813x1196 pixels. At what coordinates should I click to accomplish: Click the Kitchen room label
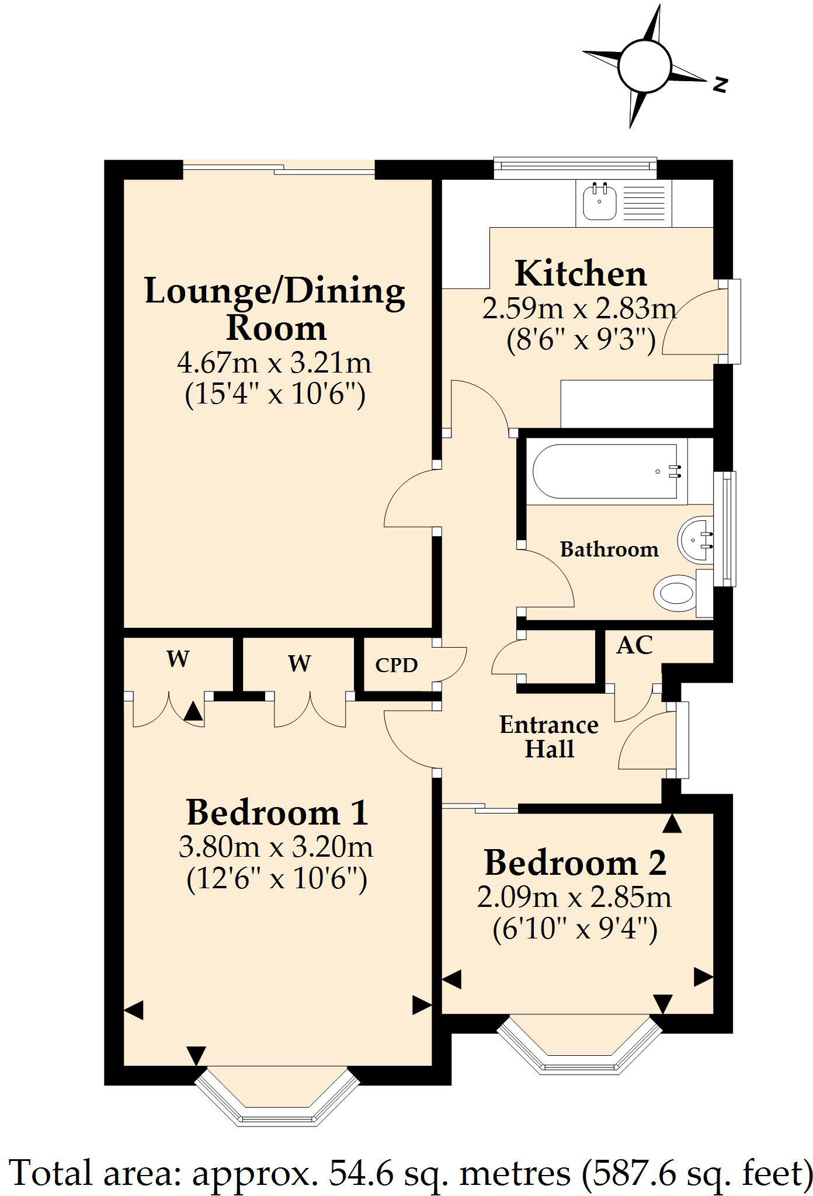[581, 273]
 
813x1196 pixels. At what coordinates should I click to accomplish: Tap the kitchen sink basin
[599, 201]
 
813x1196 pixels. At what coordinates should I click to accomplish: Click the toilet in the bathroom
[675, 593]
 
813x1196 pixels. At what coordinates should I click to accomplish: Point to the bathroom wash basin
[695, 540]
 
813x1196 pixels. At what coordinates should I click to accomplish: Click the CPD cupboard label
[397, 665]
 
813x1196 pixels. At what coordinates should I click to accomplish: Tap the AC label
[634, 645]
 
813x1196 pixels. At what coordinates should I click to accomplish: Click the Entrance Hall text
[549, 737]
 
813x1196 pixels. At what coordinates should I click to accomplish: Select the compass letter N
[721, 85]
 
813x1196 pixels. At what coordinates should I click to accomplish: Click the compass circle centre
[644, 65]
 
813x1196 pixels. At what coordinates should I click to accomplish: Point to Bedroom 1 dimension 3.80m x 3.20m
[276, 847]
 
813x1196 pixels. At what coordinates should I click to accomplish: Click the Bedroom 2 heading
[575, 863]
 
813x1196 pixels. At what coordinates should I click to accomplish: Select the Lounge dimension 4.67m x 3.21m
[275, 363]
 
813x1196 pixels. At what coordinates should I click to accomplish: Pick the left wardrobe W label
[178, 659]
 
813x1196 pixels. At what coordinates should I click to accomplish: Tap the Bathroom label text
[609, 549]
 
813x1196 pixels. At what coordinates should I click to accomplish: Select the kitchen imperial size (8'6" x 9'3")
[581, 340]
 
